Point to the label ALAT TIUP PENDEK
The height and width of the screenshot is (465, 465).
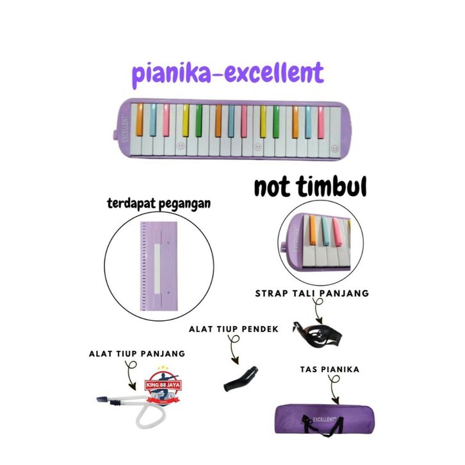[233, 329]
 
